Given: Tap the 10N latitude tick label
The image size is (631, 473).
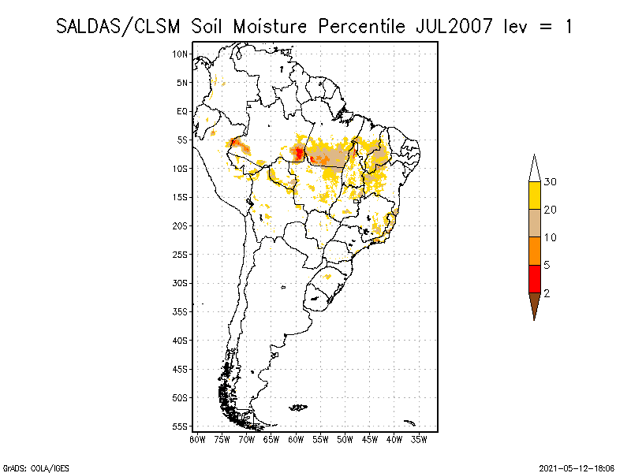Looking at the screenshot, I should [x=181, y=54].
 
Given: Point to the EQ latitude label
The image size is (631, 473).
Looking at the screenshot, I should [x=182, y=111].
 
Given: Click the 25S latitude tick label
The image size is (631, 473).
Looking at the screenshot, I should [x=181, y=254].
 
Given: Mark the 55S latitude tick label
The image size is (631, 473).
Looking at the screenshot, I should [x=181, y=426].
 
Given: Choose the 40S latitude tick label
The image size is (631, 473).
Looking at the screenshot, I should [x=181, y=340].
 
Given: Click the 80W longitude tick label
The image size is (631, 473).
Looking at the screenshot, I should [x=197, y=439].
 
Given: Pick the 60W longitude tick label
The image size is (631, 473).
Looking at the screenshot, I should [x=296, y=439].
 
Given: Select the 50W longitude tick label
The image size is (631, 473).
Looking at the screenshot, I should [x=345, y=439].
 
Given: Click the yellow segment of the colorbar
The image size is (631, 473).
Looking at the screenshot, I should [x=534, y=196].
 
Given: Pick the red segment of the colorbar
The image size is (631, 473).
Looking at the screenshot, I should [x=534, y=278].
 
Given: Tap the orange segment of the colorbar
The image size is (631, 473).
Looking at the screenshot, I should [x=534, y=251].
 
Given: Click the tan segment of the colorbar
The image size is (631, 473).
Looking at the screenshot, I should [x=534, y=223].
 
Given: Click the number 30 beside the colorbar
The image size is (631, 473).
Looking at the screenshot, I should [x=551, y=182].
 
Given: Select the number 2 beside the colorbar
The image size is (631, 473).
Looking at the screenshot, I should [x=547, y=292].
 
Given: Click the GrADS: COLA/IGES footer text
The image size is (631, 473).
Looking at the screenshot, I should [x=26, y=467].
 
